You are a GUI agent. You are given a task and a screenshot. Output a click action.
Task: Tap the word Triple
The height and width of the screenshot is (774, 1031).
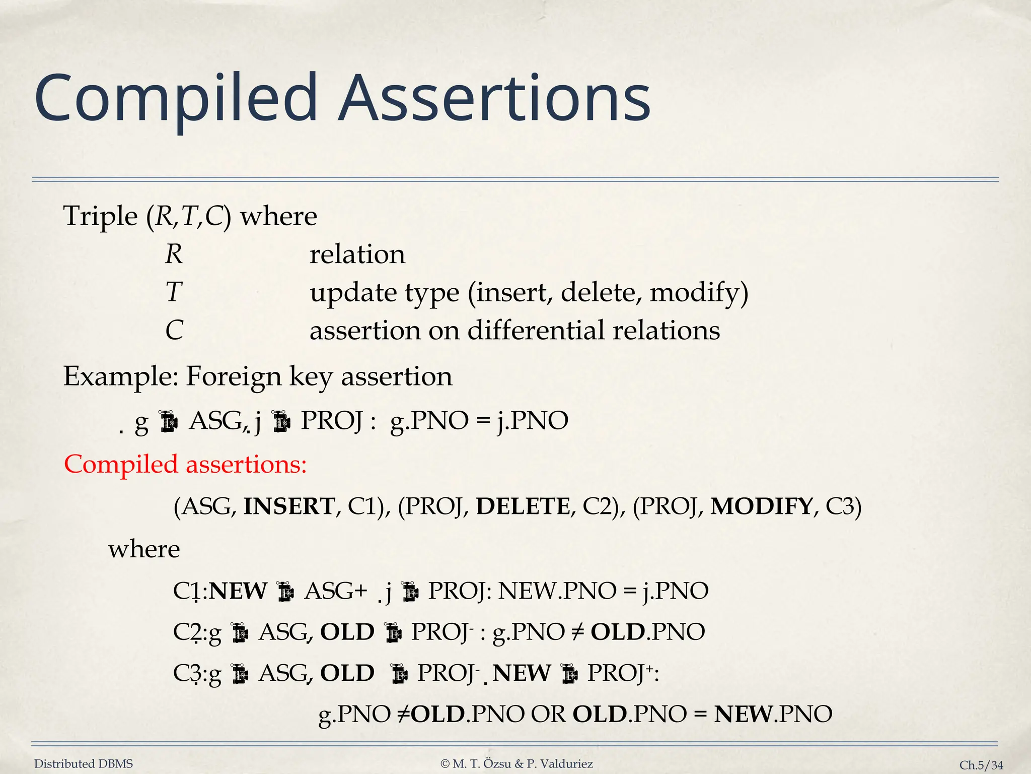click(x=100, y=217)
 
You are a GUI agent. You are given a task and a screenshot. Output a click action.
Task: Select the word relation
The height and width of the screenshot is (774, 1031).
click(x=357, y=254)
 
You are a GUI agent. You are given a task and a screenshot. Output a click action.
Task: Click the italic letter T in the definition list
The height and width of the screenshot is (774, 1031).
click(x=173, y=292)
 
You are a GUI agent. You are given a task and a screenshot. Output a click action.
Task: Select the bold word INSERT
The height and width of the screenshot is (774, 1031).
click(x=288, y=506)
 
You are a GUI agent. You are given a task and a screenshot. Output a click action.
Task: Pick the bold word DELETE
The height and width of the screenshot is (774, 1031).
click(x=523, y=506)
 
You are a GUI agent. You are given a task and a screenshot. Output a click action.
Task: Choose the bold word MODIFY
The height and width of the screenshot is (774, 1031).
click(x=761, y=506)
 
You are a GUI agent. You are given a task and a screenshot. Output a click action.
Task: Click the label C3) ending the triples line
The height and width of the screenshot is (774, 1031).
click(x=844, y=506)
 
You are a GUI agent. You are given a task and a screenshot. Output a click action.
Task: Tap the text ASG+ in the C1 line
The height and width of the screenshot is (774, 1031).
click(x=336, y=591)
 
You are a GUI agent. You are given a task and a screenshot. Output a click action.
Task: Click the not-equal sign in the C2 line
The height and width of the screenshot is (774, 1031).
click(x=577, y=632)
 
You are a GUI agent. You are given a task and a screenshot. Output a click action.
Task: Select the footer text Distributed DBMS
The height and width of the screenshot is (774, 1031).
click(x=84, y=764)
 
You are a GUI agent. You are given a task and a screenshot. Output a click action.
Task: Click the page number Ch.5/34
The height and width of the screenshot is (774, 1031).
click(x=981, y=765)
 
